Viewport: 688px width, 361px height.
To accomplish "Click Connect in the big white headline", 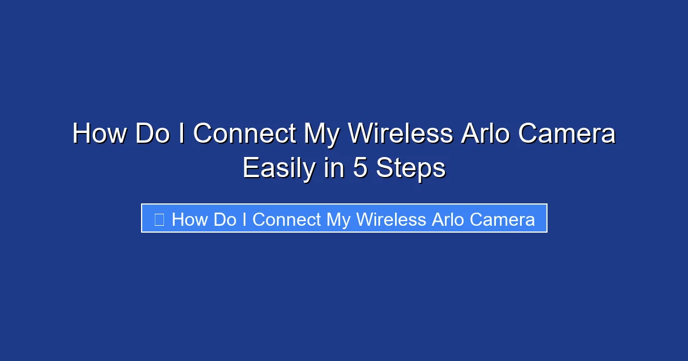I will (244, 134).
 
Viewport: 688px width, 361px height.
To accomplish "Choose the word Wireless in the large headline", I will (401, 134).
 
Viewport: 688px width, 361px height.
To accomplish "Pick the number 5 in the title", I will (360, 168).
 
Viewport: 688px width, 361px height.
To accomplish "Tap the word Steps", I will (411, 169).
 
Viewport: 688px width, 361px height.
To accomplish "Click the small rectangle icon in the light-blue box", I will (159, 219).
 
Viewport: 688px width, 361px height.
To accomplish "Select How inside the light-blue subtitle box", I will (190, 219).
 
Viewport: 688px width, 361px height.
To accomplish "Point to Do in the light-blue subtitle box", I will (225, 219).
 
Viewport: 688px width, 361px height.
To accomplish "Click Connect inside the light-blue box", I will (287, 219).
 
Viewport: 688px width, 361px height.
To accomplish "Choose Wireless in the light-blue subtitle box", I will (390, 219).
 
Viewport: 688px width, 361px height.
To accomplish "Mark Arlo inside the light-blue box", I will (447, 219).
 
